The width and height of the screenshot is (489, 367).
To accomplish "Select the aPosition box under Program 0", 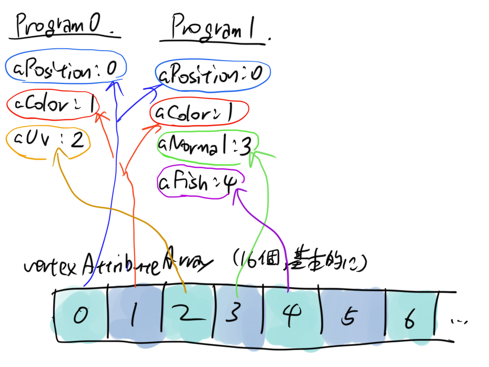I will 66,69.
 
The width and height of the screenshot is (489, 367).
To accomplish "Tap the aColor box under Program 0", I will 53,104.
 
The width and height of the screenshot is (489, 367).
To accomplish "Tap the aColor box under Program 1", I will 199,113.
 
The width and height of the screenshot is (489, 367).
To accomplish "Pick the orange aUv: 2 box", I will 48,140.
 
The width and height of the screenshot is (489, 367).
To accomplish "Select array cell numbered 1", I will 136,315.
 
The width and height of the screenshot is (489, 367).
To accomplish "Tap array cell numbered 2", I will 188,315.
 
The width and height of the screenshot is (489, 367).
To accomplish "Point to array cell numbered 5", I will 353,316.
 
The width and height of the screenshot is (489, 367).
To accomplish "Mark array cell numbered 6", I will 411,318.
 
